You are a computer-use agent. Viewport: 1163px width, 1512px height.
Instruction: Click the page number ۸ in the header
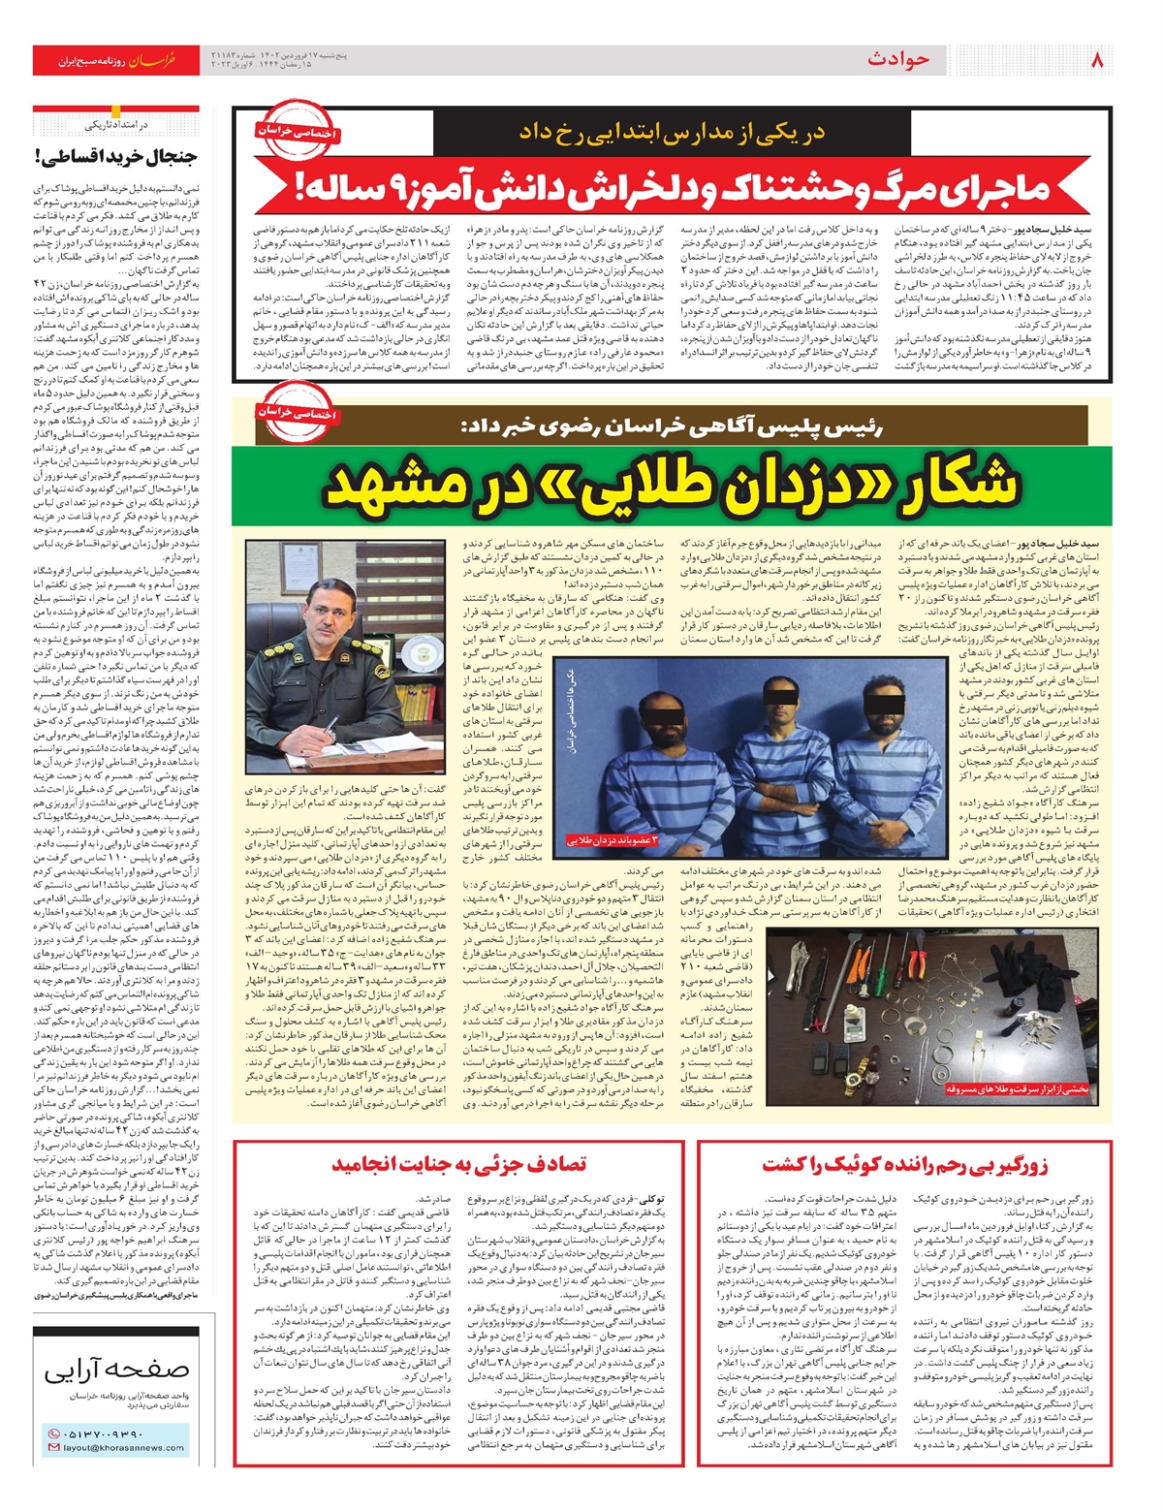1097,60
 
